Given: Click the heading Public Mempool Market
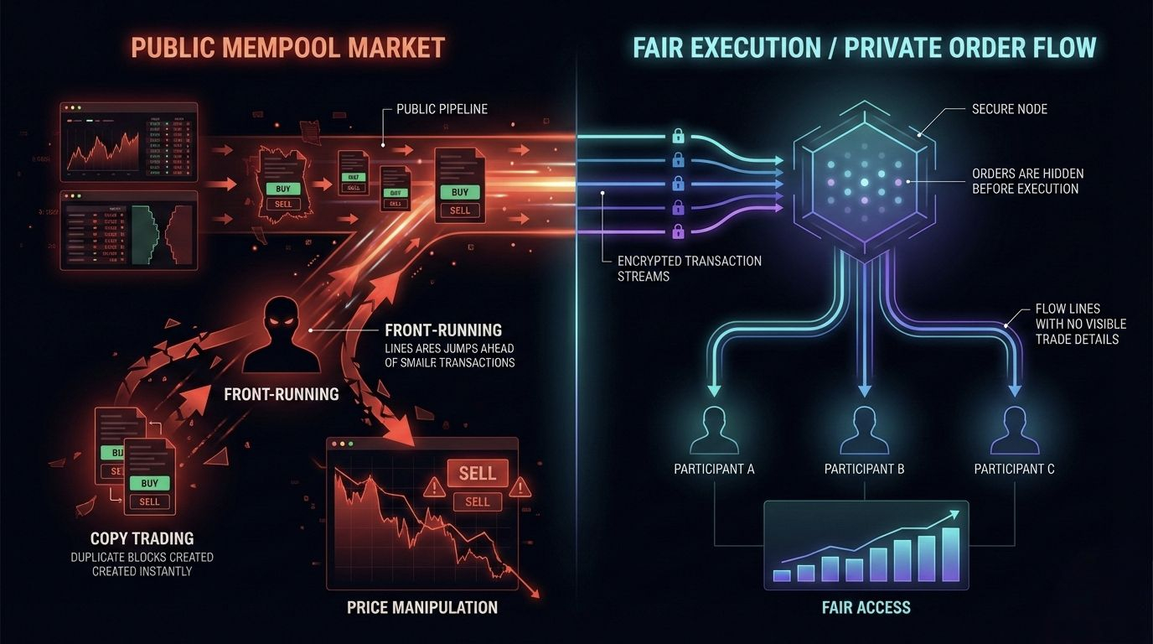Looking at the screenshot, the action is (x=287, y=47).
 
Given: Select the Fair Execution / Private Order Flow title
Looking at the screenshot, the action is (x=864, y=47).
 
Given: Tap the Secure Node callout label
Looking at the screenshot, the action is (x=1010, y=110).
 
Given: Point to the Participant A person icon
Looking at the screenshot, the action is (x=714, y=429).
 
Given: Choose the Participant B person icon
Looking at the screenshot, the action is (x=864, y=429).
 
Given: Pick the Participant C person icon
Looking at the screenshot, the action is (x=1014, y=429).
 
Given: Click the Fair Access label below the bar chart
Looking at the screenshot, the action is (x=866, y=607).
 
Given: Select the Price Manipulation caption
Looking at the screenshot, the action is (x=422, y=607).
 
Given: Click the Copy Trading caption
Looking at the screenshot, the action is (x=142, y=538).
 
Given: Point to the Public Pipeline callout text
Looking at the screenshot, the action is (x=442, y=110).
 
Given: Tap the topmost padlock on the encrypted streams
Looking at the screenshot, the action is (x=677, y=135).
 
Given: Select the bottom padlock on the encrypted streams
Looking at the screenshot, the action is (x=677, y=231).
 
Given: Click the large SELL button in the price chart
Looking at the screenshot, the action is (x=477, y=474).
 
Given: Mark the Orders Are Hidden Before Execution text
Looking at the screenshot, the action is (x=1027, y=181).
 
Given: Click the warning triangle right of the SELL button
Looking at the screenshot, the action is (x=520, y=486).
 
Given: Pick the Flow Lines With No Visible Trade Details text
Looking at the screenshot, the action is (x=1080, y=324).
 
